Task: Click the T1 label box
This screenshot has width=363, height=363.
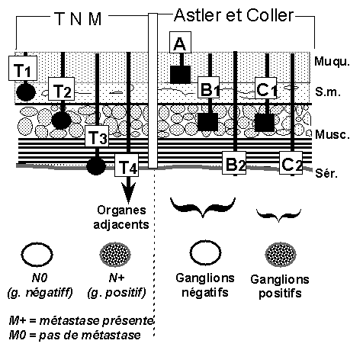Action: click(x=23, y=68)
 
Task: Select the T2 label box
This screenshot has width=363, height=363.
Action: click(x=61, y=88)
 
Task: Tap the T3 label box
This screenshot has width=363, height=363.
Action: click(x=97, y=136)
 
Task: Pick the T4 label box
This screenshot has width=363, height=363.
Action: click(x=127, y=165)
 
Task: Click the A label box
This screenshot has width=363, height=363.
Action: click(x=180, y=42)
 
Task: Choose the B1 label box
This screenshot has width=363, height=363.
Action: click(x=208, y=87)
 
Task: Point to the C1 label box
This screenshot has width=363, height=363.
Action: click(x=266, y=88)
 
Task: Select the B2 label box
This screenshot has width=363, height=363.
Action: click(x=234, y=162)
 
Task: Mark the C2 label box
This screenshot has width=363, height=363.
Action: click(x=291, y=162)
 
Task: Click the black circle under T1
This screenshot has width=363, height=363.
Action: click(x=26, y=92)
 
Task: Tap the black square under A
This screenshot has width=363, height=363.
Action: click(x=180, y=75)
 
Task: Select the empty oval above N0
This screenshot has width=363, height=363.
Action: click(x=37, y=255)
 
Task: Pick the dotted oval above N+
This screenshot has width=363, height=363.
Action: click(x=115, y=254)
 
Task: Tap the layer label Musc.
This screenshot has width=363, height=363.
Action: click(x=332, y=134)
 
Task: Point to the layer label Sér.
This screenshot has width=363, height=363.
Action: click(x=326, y=173)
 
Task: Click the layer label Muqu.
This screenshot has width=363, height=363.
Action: click(x=332, y=62)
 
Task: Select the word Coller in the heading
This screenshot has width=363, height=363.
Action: click(x=270, y=15)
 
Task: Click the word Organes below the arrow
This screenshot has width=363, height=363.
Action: click(x=121, y=210)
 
